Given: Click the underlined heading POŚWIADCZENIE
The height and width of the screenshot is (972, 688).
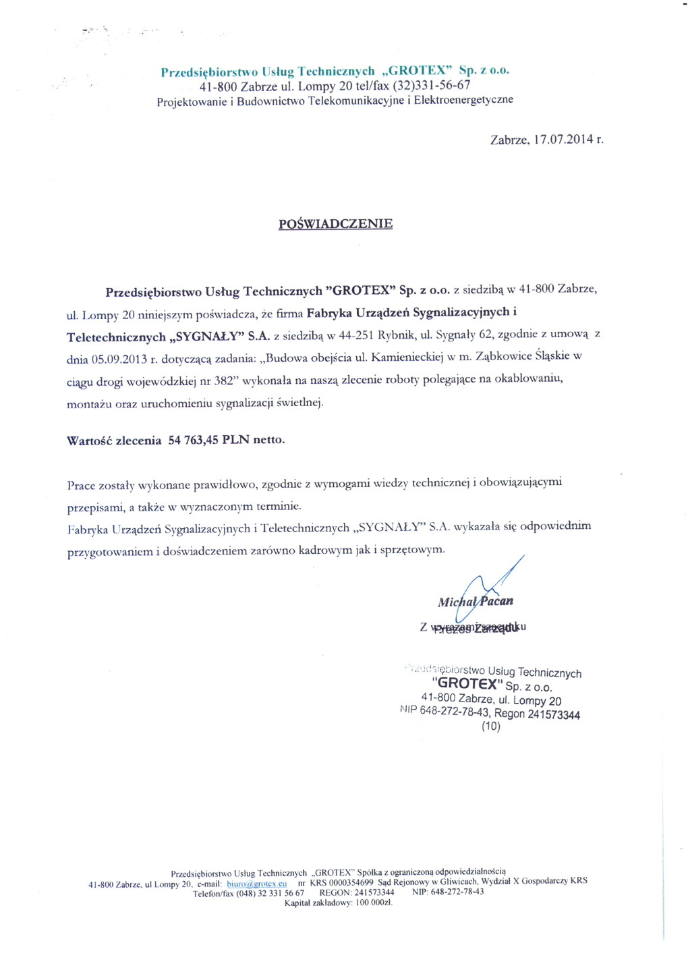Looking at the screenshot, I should click(335, 224).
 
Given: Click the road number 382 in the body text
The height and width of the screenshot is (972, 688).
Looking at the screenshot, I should click(223, 381).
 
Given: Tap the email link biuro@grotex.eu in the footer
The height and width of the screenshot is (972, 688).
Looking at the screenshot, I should click(257, 884).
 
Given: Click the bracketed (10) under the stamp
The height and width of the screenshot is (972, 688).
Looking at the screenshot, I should click(491, 726).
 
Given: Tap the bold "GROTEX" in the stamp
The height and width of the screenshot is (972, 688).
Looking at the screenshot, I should click(467, 683).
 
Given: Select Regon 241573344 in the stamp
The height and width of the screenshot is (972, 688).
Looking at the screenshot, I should click(537, 714).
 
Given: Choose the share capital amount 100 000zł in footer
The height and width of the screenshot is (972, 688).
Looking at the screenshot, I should click(374, 903).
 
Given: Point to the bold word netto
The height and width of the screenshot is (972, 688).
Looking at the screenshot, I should click(268, 440).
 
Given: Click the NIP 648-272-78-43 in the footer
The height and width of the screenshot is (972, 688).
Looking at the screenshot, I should click(457, 892).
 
